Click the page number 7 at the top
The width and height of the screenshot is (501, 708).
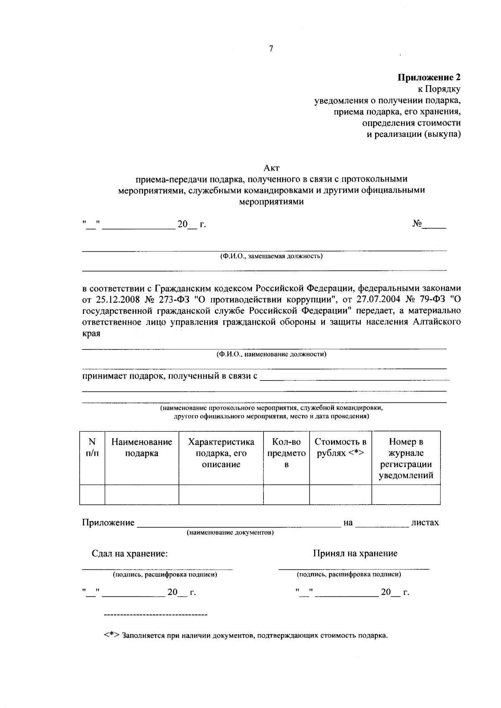pyautogui.click(x=271, y=49)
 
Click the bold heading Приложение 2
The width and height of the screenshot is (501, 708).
pyautogui.click(x=429, y=77)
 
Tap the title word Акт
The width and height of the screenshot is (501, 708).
pyautogui.click(x=271, y=168)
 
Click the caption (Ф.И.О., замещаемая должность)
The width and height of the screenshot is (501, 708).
pyautogui.click(x=271, y=256)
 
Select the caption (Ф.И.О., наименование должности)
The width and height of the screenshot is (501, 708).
pyautogui.click(x=271, y=354)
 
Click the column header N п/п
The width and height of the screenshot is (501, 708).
pyautogui.click(x=92, y=448)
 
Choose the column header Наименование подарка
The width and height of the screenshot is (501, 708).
pyautogui.click(x=142, y=448)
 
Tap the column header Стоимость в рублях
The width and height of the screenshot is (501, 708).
pyautogui.click(x=340, y=448)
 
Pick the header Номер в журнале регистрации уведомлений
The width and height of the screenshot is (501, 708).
pyautogui.click(x=406, y=458)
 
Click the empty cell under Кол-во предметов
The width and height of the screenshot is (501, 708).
pyautogui.click(x=286, y=495)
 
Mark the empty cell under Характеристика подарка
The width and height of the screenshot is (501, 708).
pyautogui.click(x=221, y=495)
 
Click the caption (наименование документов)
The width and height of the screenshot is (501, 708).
pyautogui.click(x=230, y=533)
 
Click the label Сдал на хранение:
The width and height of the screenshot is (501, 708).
pyautogui.click(x=130, y=554)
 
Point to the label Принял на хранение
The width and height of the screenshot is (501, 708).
pyautogui.click(x=355, y=554)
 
